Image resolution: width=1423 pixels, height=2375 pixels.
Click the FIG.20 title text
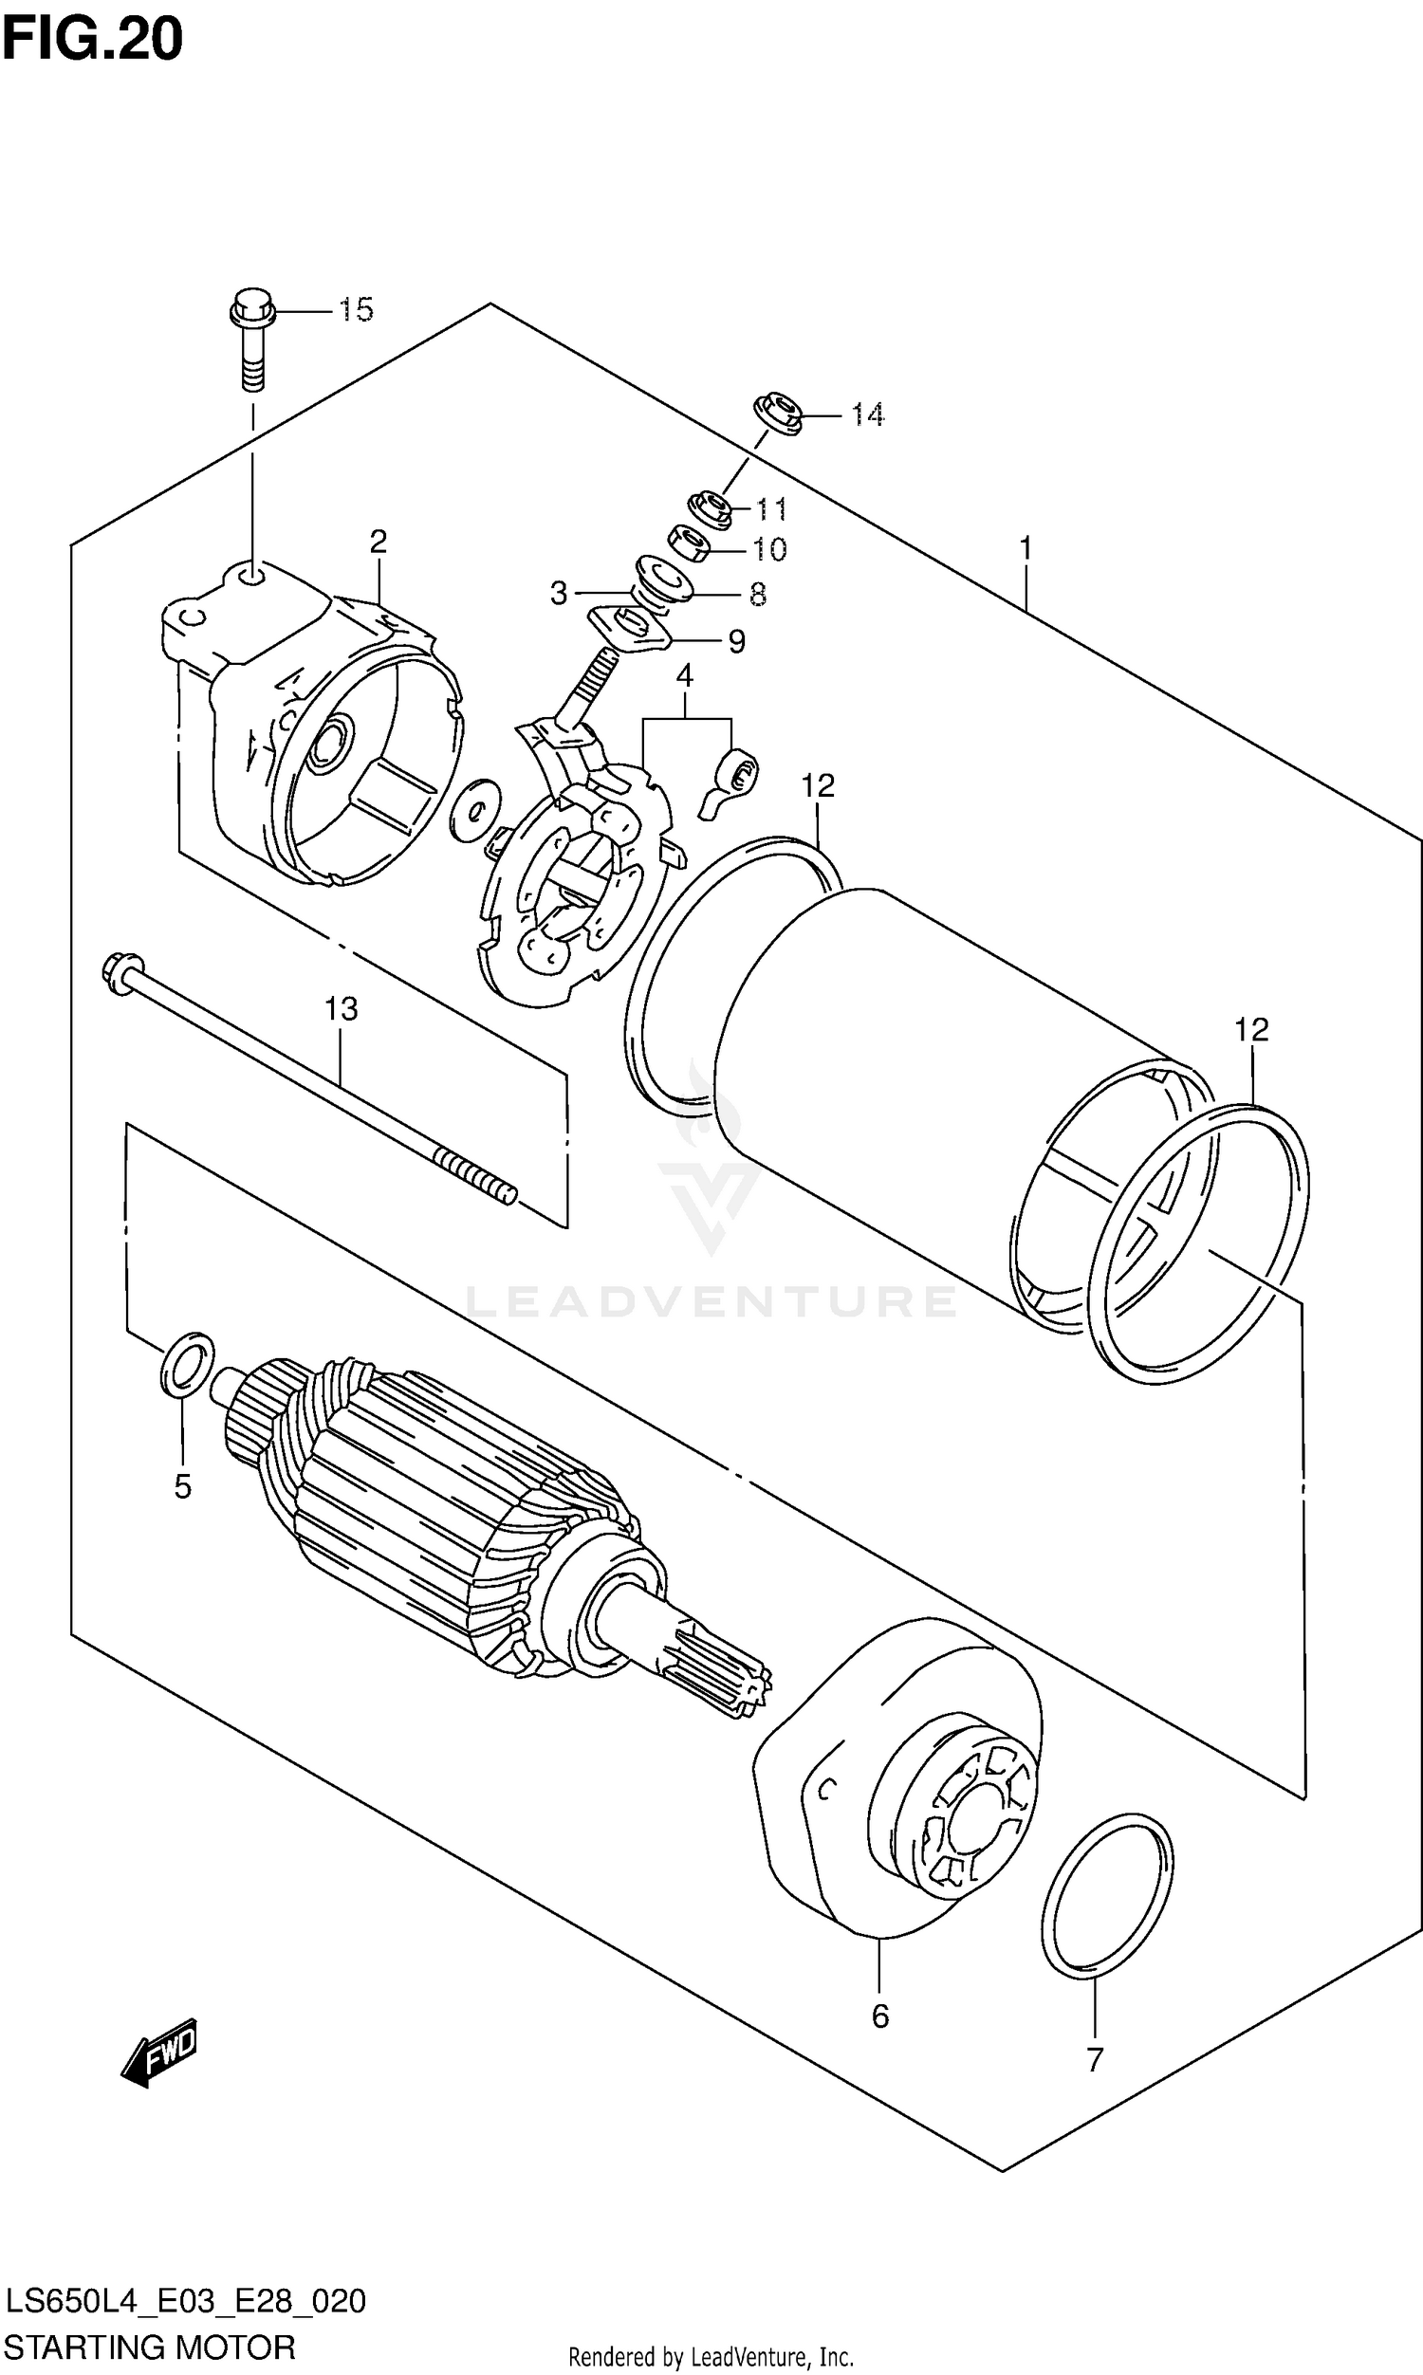pyautogui.click(x=92, y=40)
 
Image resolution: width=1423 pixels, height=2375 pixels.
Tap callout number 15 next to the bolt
pyautogui.click(x=355, y=309)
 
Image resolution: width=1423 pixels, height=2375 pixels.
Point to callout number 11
pyautogui.click(x=770, y=508)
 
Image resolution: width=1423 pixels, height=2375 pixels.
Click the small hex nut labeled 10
pyautogui.click(x=688, y=544)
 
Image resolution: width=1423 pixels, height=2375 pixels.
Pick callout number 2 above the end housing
pyautogui.click(x=378, y=542)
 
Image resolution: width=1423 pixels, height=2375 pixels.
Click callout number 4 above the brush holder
pyautogui.click(x=684, y=676)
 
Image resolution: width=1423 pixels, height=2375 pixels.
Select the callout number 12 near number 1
pyautogui.click(x=818, y=786)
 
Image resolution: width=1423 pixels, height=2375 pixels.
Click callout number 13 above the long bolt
pyautogui.click(x=342, y=1008)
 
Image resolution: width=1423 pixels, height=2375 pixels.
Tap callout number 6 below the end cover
pyautogui.click(x=880, y=2016)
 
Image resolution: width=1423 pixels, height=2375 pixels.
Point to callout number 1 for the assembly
pyautogui.click(x=1026, y=549)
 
